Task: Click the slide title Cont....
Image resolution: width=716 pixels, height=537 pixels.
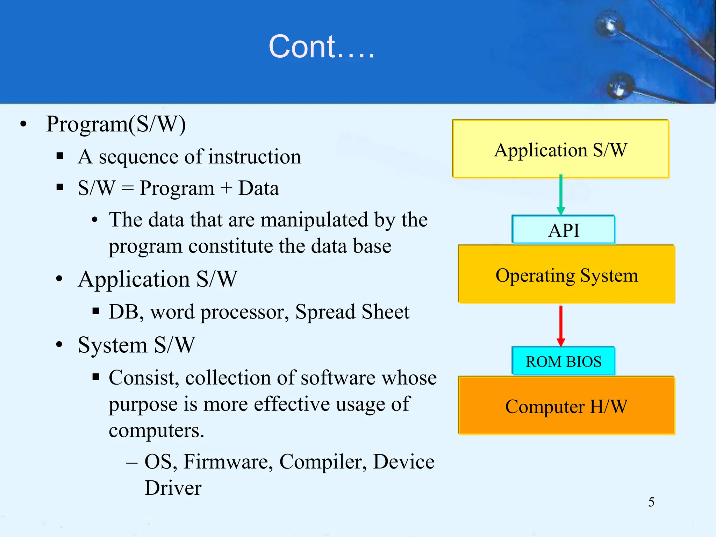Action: coord(321,47)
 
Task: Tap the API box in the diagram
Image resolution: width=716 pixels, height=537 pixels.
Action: coord(564,230)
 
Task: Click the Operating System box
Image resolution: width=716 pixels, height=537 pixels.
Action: coord(566,275)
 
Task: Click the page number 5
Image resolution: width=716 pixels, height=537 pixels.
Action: coord(651,502)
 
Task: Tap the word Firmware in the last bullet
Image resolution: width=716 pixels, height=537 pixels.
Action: coord(228,461)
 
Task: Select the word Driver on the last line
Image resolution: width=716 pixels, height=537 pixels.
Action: coord(173,488)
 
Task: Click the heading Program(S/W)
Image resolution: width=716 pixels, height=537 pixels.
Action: coord(116,124)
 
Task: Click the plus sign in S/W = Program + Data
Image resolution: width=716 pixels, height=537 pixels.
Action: coord(227,188)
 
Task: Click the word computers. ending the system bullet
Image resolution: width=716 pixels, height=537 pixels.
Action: coord(156,431)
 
